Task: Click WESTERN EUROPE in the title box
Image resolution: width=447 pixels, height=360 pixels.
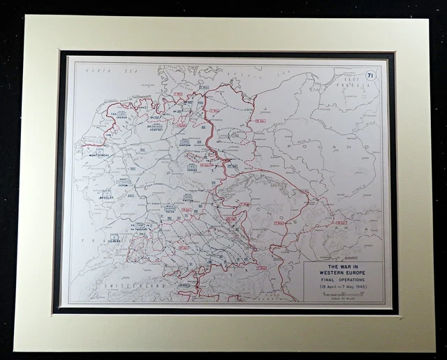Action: pyautogui.click(x=342, y=276)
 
